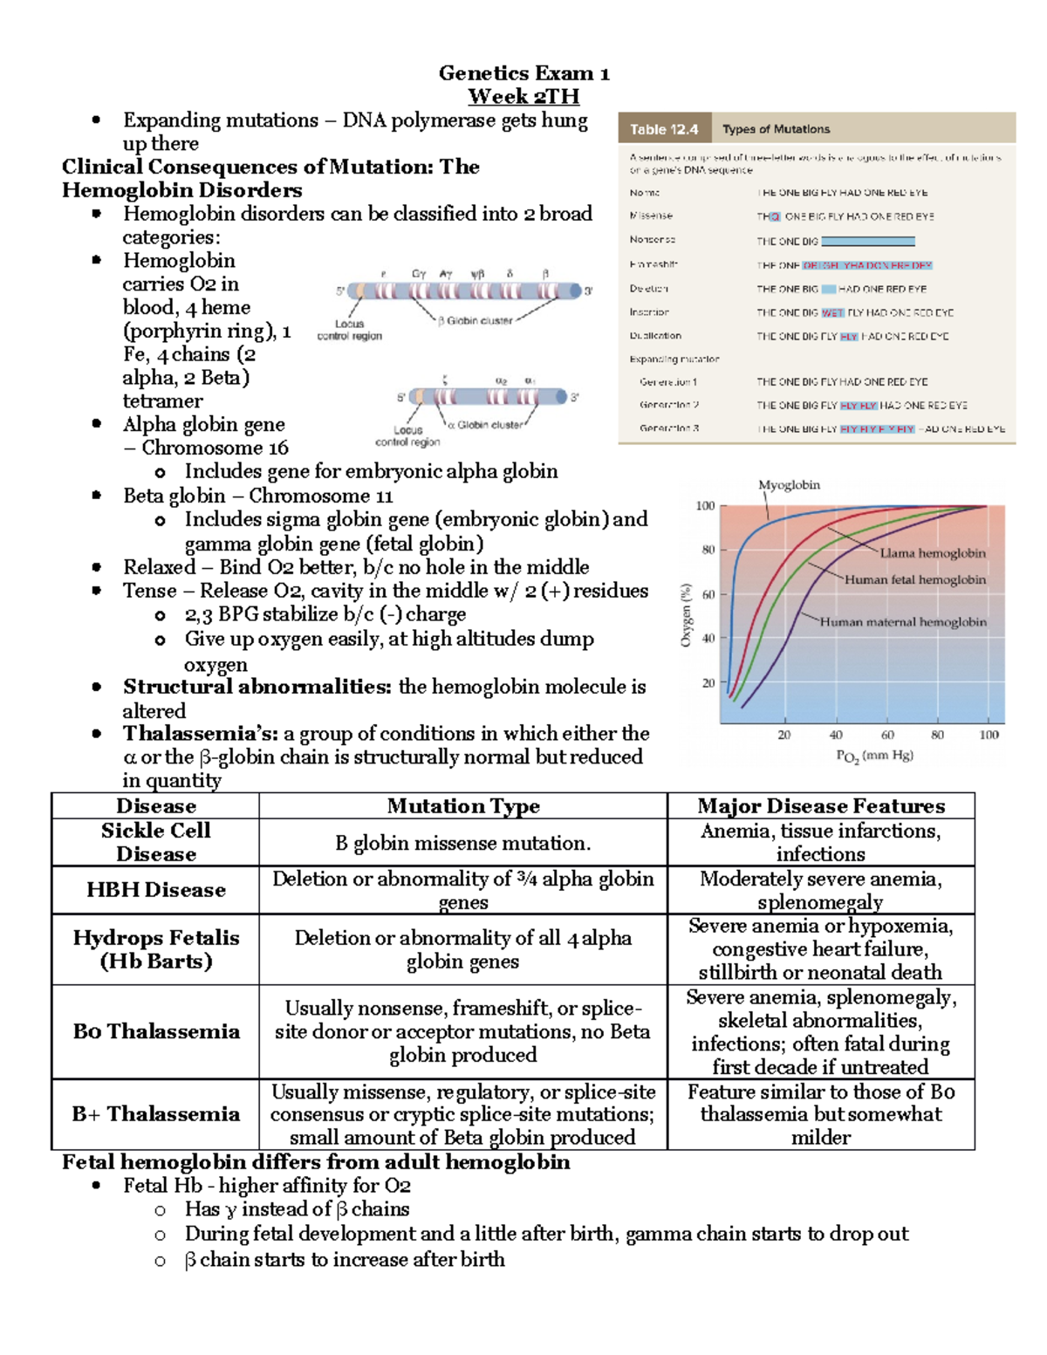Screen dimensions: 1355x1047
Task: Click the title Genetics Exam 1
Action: coord(523,73)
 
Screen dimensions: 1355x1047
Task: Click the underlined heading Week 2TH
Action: coord(523,97)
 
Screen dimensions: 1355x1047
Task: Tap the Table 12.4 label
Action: coord(664,129)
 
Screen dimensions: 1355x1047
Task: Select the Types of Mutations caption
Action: coord(776,129)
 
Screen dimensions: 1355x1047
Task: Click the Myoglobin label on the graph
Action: coord(789,485)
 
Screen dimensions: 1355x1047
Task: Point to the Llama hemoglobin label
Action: coord(932,553)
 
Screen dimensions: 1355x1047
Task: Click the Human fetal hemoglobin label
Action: coord(914,579)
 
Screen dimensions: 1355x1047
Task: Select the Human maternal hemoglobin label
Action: coord(903,622)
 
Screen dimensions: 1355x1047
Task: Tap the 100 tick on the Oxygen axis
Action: coord(705,506)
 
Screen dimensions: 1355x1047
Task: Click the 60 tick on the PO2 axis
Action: coord(887,736)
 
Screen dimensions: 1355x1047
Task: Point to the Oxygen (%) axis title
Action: coord(686,615)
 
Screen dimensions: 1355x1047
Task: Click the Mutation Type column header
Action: coord(462,806)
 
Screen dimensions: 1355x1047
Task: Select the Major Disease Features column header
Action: coord(820,806)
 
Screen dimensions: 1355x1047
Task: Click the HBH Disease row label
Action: coord(155,890)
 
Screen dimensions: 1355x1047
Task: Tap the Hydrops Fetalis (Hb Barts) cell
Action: coord(155,949)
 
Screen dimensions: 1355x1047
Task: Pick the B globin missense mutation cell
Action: coord(462,844)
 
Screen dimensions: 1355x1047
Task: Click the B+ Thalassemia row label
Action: coord(155,1114)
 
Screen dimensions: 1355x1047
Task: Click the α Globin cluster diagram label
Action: coord(485,425)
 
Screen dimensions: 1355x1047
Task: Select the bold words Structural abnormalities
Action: coord(257,688)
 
